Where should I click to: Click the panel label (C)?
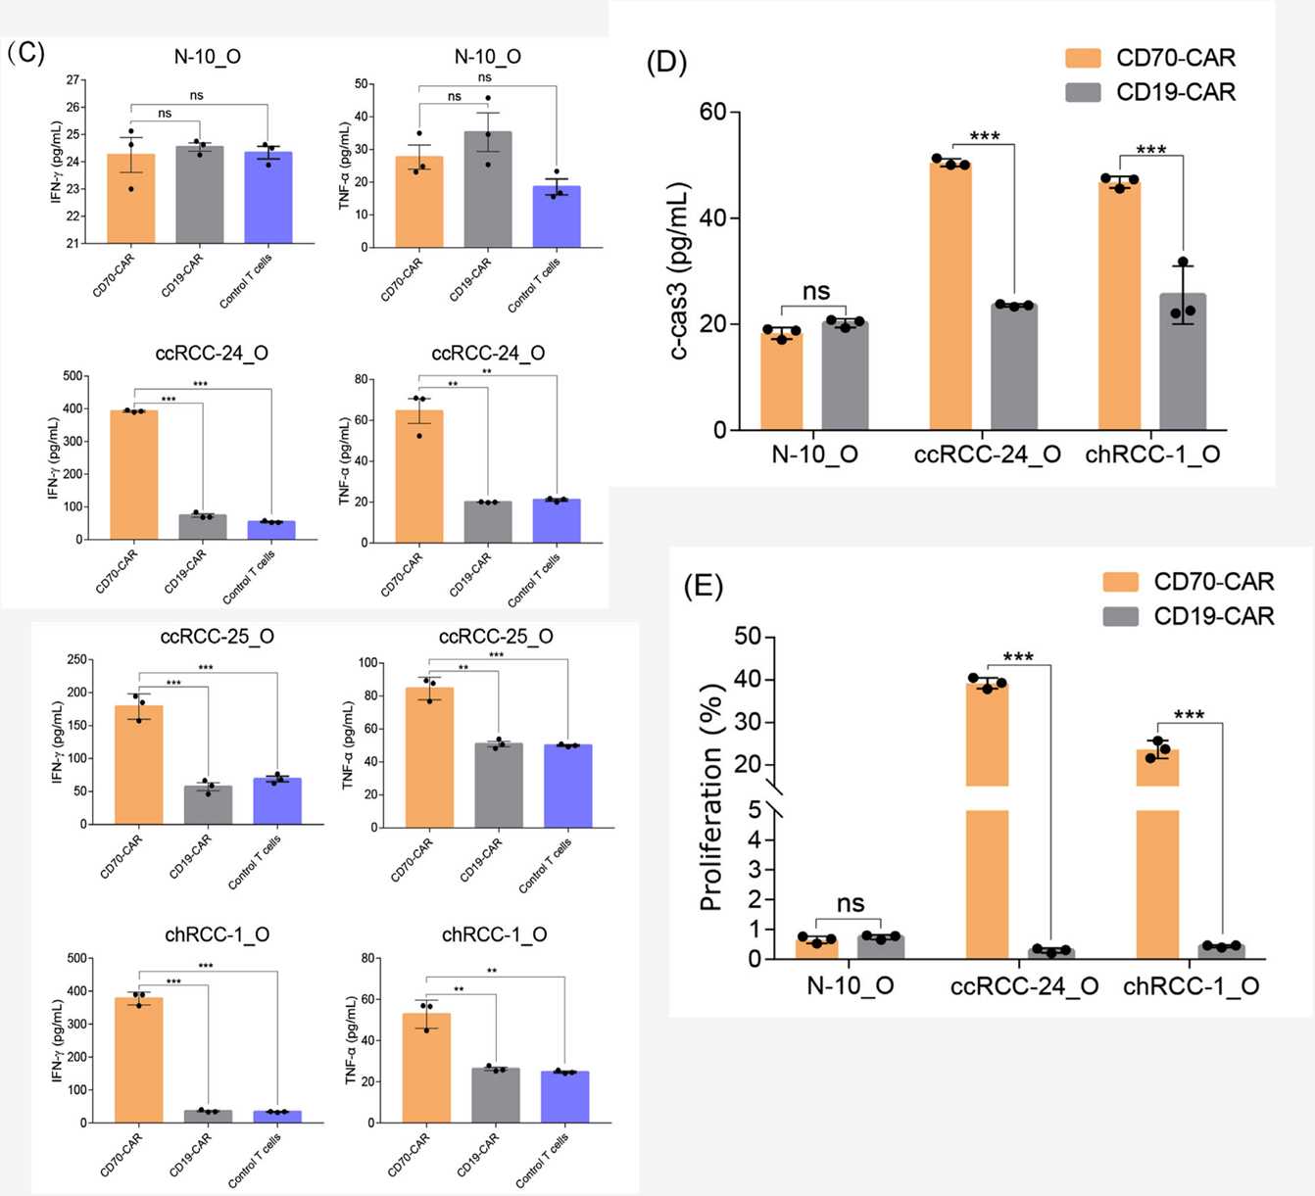(25, 52)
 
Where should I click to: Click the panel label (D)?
(666, 62)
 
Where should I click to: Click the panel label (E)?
(703, 586)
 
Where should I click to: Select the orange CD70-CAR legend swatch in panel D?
(1083, 58)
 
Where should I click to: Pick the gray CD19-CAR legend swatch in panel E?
(1120, 616)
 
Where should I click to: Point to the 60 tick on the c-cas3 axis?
(712, 112)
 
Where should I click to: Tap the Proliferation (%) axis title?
(711, 797)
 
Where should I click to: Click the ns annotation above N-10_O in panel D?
(815, 291)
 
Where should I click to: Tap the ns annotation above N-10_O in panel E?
(850, 903)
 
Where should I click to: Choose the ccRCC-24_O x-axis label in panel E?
(1024, 986)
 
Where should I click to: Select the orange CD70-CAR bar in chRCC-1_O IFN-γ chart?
(139, 1060)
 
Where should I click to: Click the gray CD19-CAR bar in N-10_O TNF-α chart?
(488, 189)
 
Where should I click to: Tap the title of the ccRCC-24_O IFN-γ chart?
(212, 353)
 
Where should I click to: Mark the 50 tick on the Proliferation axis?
(748, 637)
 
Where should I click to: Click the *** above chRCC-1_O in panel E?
(1189, 714)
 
